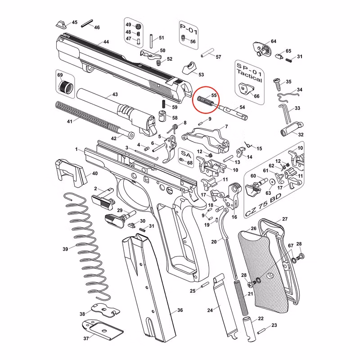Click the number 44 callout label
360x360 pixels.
pyautogui.click(x=106, y=42)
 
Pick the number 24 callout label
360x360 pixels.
pyautogui.click(x=210, y=310)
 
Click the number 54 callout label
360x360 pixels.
pyautogui.click(x=242, y=108)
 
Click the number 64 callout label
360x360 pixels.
pyautogui.click(x=274, y=41)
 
